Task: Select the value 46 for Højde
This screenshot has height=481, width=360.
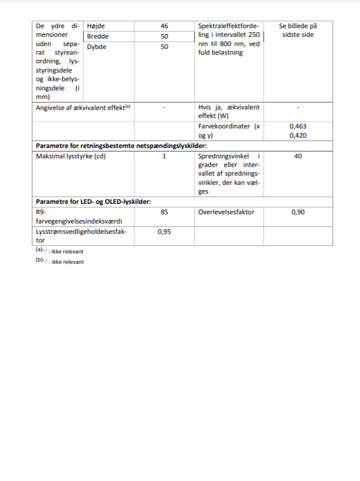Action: pos(164,26)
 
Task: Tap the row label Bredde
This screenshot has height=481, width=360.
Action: pos(97,36)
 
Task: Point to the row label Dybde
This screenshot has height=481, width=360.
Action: pos(96,47)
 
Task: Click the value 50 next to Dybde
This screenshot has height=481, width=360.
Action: pos(164,47)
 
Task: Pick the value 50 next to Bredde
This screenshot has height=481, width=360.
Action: pos(164,36)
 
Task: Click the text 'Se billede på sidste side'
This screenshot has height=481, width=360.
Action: pos(298,31)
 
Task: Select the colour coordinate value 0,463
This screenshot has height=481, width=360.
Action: pos(298,126)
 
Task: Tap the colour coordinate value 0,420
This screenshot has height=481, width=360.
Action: pos(298,135)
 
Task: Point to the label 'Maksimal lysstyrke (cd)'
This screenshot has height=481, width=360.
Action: pos(72,156)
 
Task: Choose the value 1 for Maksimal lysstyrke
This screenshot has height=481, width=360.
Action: pos(164,156)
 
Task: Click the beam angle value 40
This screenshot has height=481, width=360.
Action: pos(298,156)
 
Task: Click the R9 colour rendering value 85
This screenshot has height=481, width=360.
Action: pos(164,212)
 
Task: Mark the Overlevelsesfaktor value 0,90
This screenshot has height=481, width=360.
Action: pos(298,212)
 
